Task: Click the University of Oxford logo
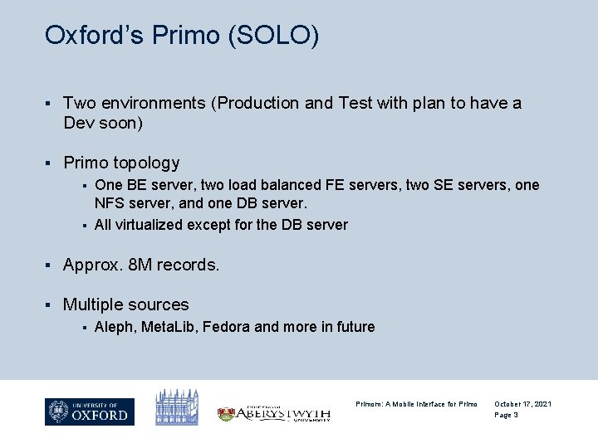[x=90, y=411]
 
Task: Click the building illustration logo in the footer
[x=177, y=407]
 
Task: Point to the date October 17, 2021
[x=522, y=404]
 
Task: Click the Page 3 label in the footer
[x=506, y=415]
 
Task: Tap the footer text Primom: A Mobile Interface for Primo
[x=416, y=404]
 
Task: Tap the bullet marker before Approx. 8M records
[x=49, y=265]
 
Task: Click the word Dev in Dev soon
[x=78, y=124]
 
